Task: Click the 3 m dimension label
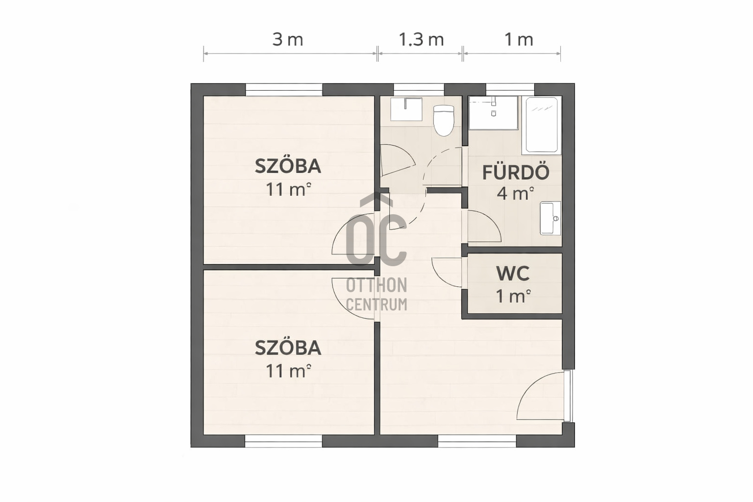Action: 288,40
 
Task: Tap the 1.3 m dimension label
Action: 421,40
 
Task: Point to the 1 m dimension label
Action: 519,40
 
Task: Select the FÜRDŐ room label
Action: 516,172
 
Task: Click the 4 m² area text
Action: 515,193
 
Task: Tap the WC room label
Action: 513,274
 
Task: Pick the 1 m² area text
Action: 513,296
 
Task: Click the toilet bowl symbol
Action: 444,120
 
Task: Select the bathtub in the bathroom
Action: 542,125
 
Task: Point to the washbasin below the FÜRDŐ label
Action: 551,218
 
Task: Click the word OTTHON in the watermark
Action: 376,285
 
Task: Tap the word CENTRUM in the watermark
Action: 376,304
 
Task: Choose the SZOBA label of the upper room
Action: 288,166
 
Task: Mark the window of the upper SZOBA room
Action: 284,90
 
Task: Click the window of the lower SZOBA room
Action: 283,441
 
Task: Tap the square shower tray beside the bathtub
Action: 493,113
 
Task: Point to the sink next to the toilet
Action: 406,109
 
